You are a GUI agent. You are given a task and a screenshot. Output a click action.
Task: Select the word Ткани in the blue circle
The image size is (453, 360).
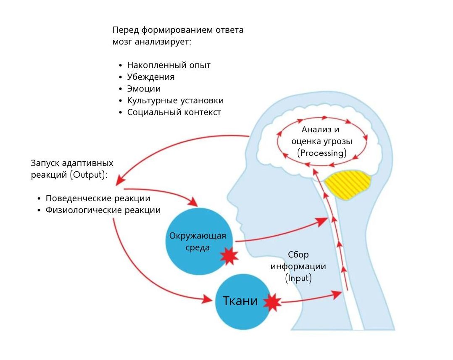tap(240, 301)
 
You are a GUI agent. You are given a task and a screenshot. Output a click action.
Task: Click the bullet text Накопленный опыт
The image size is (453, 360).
tap(169, 65)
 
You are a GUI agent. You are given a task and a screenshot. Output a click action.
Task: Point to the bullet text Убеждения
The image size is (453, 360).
tap(150, 77)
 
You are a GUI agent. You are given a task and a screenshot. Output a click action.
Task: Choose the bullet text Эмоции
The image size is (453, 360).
tap(144, 89)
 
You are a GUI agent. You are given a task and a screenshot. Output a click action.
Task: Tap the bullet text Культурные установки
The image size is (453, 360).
tap(175, 100)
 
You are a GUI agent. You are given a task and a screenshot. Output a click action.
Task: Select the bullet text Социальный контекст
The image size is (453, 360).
tap(174, 112)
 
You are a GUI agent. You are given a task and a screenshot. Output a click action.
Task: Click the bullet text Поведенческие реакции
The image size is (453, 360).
tap(98, 198)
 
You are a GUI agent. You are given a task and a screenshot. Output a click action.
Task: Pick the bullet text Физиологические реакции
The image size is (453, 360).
tap(103, 210)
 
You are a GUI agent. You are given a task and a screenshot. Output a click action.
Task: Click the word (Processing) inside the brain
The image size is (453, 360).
tap(322, 153)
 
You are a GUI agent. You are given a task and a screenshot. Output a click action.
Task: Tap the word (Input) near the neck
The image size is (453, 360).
tap(298, 278)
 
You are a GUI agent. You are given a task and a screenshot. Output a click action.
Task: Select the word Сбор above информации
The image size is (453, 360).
tap(298, 255)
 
